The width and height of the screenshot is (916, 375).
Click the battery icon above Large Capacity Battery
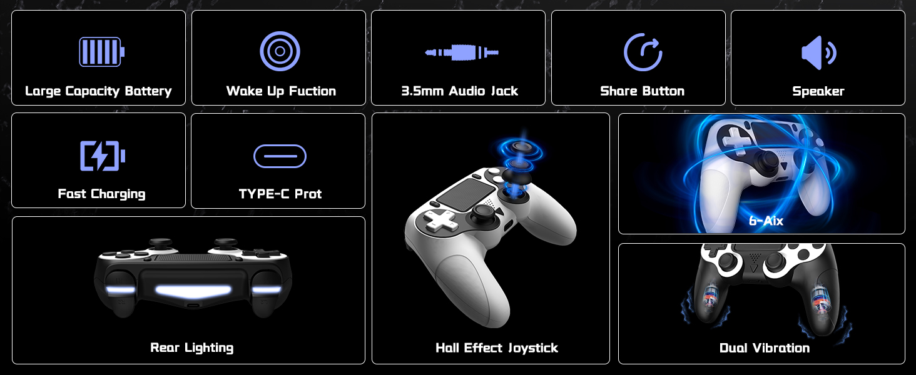click(x=102, y=51)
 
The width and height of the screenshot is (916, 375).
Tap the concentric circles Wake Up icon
click(x=280, y=51)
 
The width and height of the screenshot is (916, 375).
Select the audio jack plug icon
click(x=462, y=52)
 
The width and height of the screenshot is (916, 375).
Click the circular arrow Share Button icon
click(x=643, y=52)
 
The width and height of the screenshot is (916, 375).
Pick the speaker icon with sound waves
click(x=818, y=52)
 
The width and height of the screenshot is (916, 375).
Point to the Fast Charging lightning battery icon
click(x=103, y=156)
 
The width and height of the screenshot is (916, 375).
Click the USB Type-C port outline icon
click(x=280, y=156)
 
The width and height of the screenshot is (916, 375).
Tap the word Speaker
click(x=818, y=91)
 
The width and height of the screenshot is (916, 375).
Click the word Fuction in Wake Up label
click(x=313, y=91)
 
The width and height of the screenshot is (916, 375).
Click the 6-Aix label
click(x=766, y=221)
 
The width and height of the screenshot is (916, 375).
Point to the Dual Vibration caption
click(x=765, y=348)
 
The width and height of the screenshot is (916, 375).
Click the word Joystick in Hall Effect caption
click(x=533, y=349)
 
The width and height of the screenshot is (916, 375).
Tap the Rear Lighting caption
click(x=192, y=348)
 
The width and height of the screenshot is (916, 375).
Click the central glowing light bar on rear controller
click(x=193, y=291)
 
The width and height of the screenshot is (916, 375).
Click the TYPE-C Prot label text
click(x=280, y=194)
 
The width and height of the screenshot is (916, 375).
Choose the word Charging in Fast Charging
click(x=118, y=194)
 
